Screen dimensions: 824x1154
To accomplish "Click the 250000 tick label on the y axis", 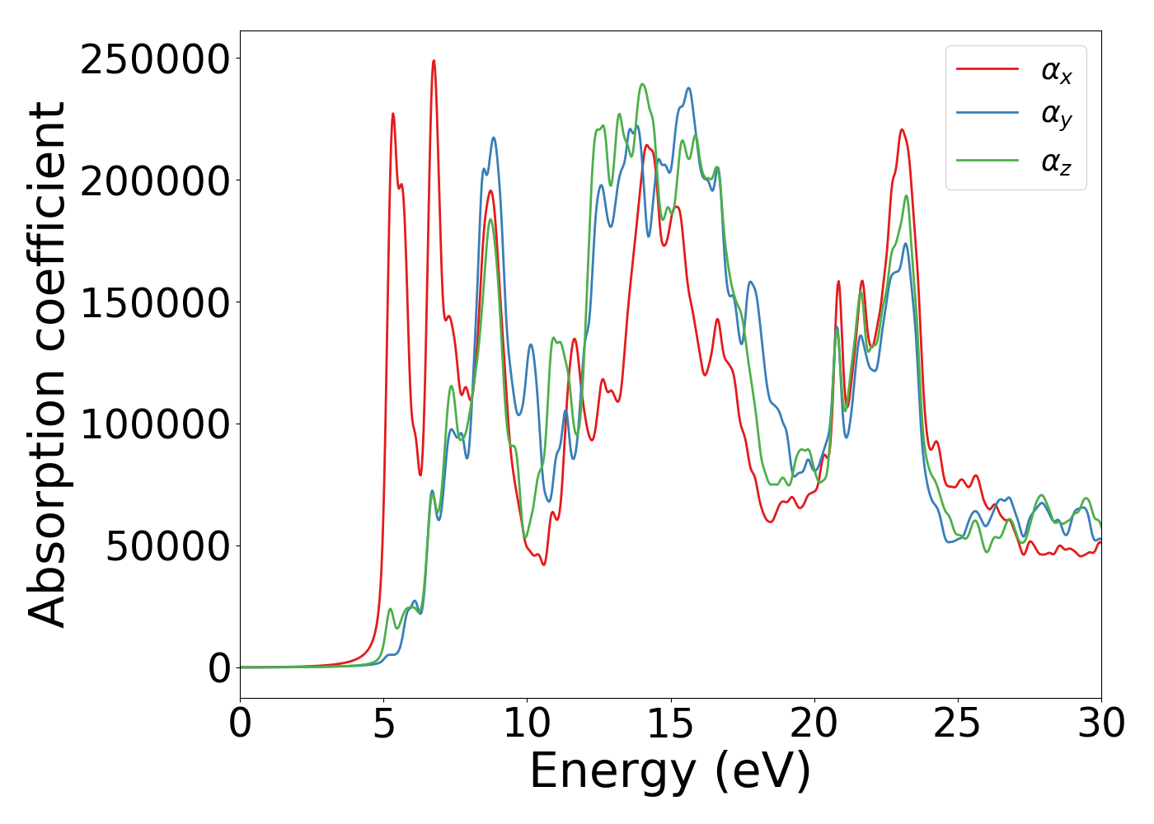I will click(x=154, y=60).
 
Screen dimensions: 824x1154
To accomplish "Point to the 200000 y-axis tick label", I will click(x=154, y=182).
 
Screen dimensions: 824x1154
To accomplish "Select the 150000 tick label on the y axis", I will click(x=154, y=304).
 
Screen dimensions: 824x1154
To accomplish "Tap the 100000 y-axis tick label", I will click(x=154, y=425).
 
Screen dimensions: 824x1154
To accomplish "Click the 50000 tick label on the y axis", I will click(x=167, y=547).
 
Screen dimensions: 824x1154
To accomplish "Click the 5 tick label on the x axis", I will click(x=383, y=724).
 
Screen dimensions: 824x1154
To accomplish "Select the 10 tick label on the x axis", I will click(x=527, y=724).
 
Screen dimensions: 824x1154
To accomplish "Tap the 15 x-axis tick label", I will click(x=670, y=724).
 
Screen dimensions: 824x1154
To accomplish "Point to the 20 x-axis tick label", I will click(x=814, y=724).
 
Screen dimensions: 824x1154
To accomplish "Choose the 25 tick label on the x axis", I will click(x=957, y=724).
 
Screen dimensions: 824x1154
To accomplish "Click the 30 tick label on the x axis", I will click(x=1100, y=724).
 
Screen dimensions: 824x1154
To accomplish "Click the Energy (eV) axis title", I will click(x=670, y=772).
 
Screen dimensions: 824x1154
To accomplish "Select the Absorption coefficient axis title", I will click(x=48, y=364).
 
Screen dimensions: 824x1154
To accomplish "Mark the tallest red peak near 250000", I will click(x=434, y=61).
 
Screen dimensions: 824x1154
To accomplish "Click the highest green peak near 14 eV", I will click(x=642, y=84).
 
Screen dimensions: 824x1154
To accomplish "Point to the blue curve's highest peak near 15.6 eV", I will click(x=688, y=88).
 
